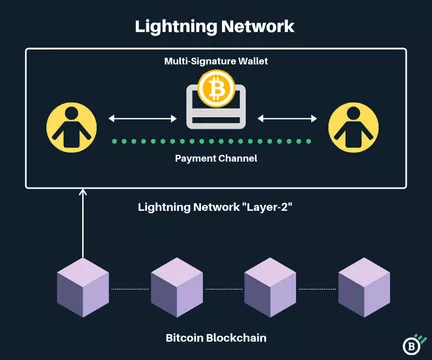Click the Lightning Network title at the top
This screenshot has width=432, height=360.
coord(215,26)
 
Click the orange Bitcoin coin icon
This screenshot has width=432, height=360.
coord(215,90)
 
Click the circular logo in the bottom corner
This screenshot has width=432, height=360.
coord(411,342)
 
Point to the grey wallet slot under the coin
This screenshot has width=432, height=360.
coord(215,116)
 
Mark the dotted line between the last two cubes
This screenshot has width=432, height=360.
coord(315,289)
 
